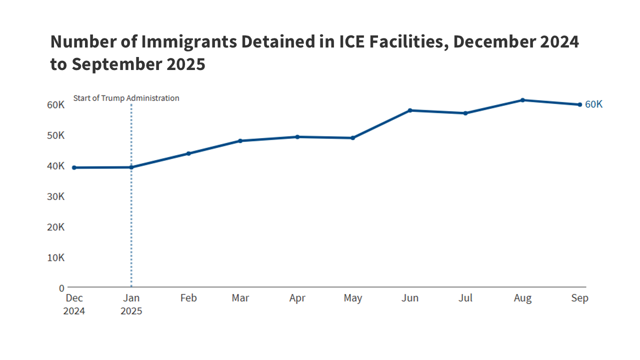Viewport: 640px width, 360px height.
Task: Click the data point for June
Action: (x=410, y=110)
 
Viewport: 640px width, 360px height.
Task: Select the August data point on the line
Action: (x=522, y=100)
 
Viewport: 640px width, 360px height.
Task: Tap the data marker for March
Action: (x=240, y=140)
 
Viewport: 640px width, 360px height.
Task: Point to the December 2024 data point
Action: (x=74, y=167)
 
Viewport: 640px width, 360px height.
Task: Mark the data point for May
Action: (x=353, y=137)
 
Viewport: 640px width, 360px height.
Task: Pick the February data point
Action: (x=188, y=153)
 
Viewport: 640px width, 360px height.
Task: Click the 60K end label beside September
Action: (x=593, y=104)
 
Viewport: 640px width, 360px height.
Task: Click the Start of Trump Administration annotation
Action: (x=126, y=98)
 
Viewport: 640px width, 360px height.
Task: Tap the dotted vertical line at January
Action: (x=131, y=225)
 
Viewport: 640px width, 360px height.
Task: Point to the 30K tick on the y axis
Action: (x=56, y=196)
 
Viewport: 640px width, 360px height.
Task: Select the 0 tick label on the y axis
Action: (x=61, y=288)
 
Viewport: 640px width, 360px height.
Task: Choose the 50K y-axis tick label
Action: (x=56, y=135)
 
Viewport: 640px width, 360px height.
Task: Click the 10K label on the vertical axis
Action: (x=56, y=257)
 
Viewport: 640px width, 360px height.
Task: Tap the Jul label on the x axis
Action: (x=465, y=298)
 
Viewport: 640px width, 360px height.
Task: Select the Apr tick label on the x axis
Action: (x=297, y=298)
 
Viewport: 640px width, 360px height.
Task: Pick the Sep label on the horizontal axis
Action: (x=580, y=298)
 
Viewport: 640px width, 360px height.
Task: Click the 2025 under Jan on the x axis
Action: (x=131, y=311)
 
